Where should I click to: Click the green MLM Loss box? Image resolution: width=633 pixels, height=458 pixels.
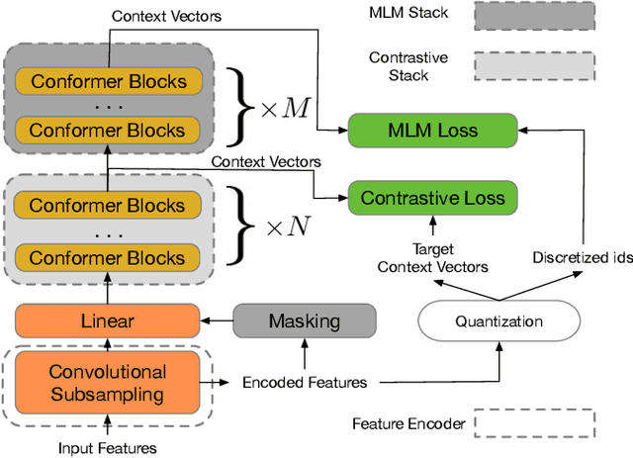coord(432,131)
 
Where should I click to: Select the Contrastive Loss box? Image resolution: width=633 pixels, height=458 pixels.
coord(432,198)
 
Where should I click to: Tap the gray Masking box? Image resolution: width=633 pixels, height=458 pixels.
coord(304,321)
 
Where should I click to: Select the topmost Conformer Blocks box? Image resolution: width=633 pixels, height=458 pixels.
coord(107,82)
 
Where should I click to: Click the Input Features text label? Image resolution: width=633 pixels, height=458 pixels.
coord(108,448)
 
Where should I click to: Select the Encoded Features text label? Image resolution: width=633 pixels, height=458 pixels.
coord(305,382)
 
